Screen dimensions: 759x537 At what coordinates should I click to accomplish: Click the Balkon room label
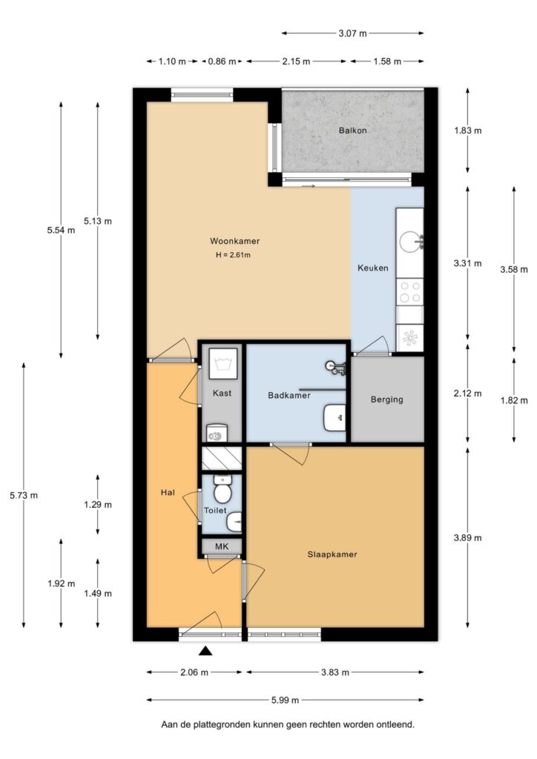click(x=352, y=130)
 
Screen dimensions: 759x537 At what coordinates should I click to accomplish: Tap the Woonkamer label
click(x=234, y=241)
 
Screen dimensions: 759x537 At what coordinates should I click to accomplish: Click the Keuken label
click(x=372, y=268)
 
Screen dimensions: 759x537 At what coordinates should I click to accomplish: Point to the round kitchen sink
click(x=409, y=241)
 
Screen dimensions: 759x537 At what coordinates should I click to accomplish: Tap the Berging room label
click(x=386, y=400)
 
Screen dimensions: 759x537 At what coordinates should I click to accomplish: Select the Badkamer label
click(x=289, y=396)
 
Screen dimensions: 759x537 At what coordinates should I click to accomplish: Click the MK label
click(x=222, y=547)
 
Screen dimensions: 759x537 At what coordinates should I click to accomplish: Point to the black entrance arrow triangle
click(x=205, y=652)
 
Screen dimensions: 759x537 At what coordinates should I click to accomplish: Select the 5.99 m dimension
click(x=285, y=700)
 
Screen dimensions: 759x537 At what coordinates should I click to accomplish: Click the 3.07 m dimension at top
click(x=353, y=33)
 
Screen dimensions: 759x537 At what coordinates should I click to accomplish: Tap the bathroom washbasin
click(x=335, y=417)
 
